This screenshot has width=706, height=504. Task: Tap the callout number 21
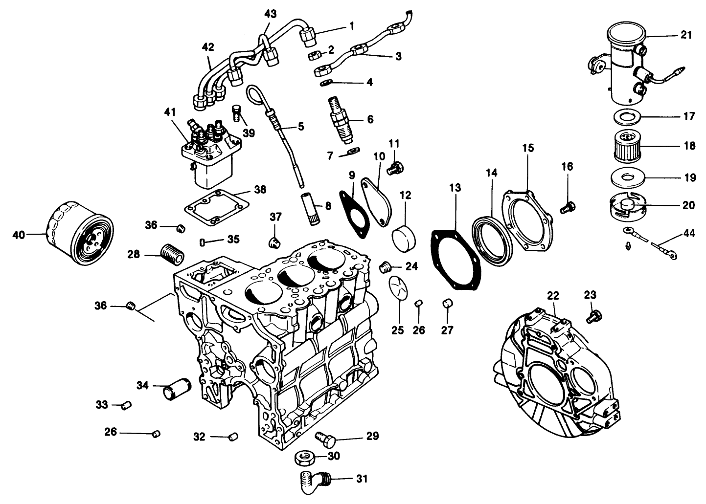point(686,35)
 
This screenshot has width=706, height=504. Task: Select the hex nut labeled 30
point(306,459)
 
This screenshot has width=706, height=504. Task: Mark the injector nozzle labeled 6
point(341,120)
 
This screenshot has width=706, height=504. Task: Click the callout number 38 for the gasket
point(260,190)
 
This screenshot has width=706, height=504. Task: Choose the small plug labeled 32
point(233,436)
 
